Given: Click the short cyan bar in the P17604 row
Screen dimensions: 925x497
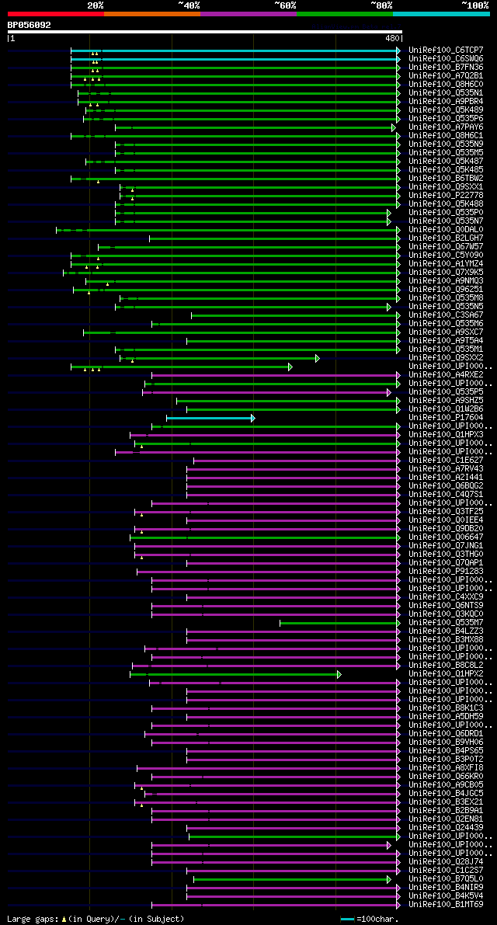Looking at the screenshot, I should tap(210, 418).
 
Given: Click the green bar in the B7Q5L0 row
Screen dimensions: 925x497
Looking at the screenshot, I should tap(290, 879).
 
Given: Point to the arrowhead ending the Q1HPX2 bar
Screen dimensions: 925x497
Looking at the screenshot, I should tap(339, 674).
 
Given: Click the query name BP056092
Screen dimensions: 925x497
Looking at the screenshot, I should tap(30, 25).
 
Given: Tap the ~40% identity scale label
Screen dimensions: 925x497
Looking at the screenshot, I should tap(189, 5).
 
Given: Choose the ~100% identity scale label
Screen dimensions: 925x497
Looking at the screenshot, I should tap(475, 5).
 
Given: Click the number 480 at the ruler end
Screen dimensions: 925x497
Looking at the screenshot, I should tap(391, 37).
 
